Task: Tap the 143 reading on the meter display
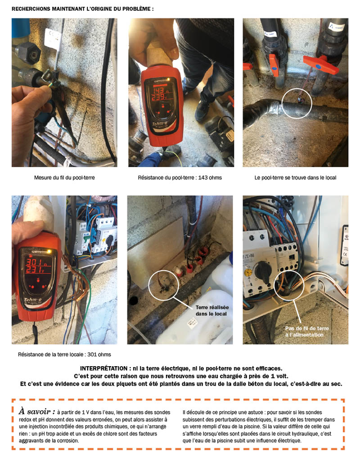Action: [x=157, y=89]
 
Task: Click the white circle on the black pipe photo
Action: [x=296, y=104]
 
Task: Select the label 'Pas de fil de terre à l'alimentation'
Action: [x=304, y=331]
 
